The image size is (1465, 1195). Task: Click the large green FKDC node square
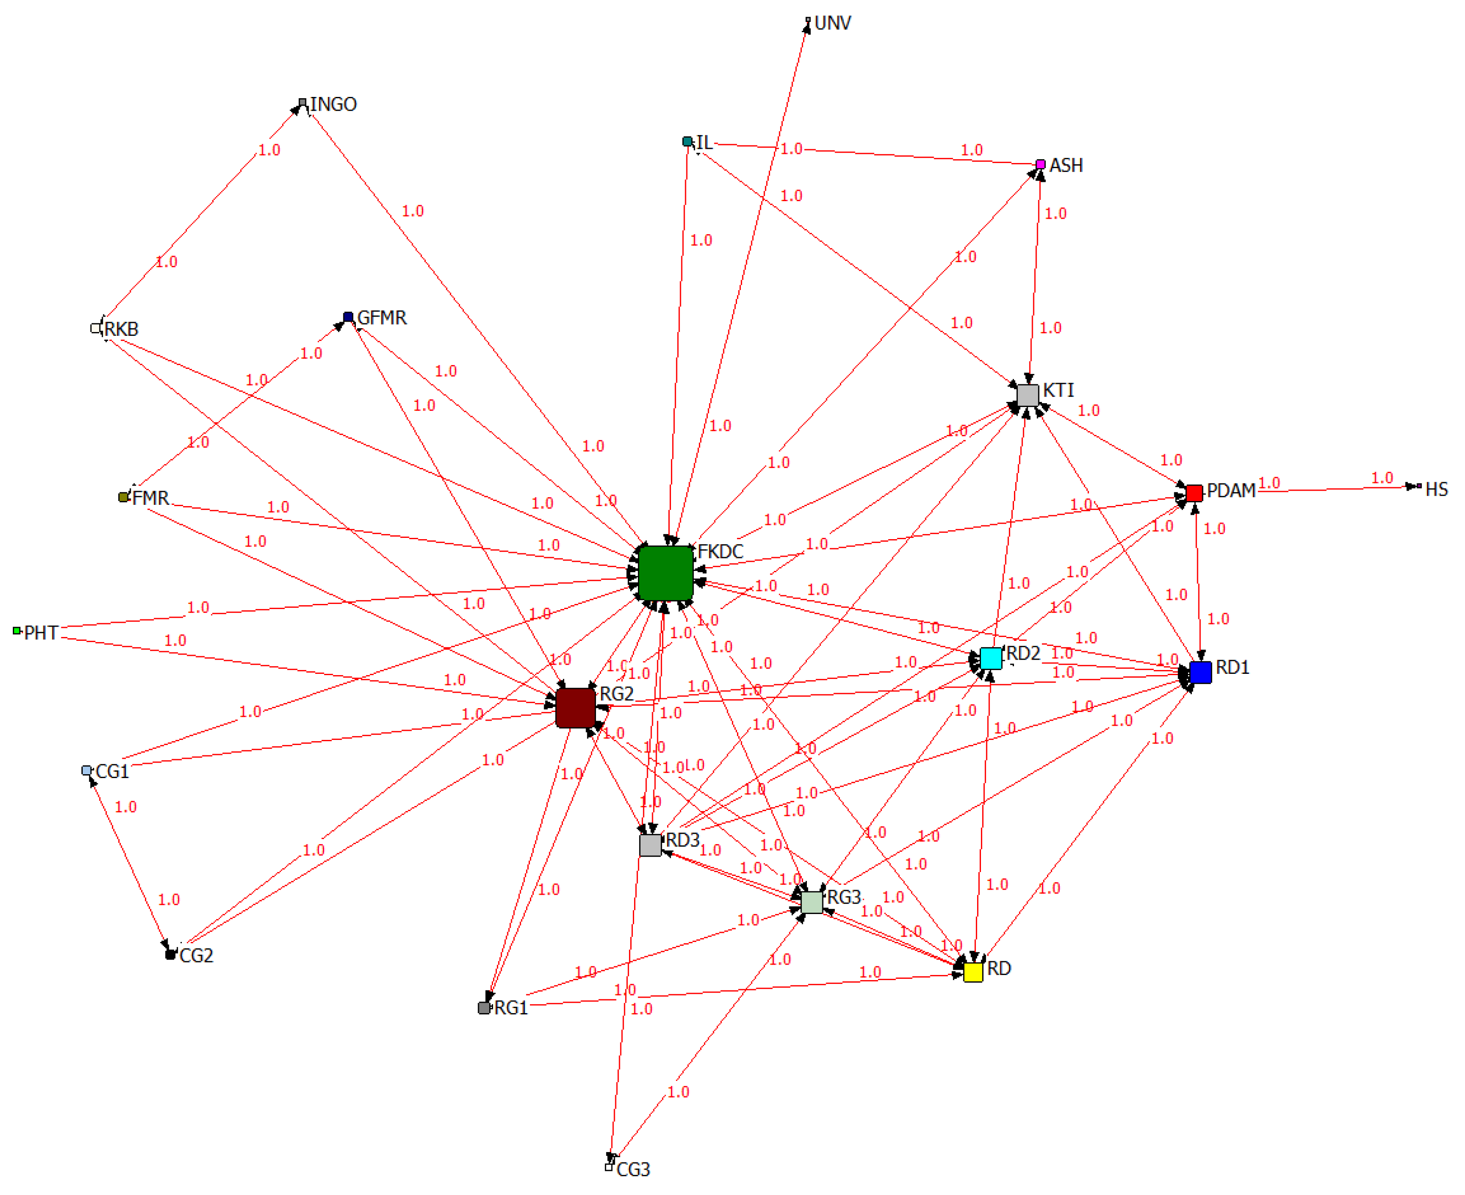[x=665, y=573]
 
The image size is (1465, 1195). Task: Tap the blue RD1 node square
[x=1200, y=672]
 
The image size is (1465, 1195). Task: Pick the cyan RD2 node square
[x=990, y=658]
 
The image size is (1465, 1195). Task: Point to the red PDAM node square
[x=1194, y=493]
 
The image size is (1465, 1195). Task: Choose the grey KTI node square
[x=1027, y=395]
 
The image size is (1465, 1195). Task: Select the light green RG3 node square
[x=812, y=902]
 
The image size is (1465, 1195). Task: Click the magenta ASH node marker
[x=1041, y=164]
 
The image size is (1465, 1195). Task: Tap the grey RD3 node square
[x=650, y=845]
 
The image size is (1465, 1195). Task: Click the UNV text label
[x=833, y=24]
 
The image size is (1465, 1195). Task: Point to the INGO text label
[x=334, y=105]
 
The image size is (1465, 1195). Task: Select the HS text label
[x=1436, y=489]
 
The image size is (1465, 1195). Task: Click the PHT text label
[x=41, y=633]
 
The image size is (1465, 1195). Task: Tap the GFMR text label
[x=382, y=318]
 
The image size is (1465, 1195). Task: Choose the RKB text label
[x=122, y=329]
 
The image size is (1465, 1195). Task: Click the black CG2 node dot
[x=170, y=955]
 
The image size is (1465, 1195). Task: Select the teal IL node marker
[x=687, y=142]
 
